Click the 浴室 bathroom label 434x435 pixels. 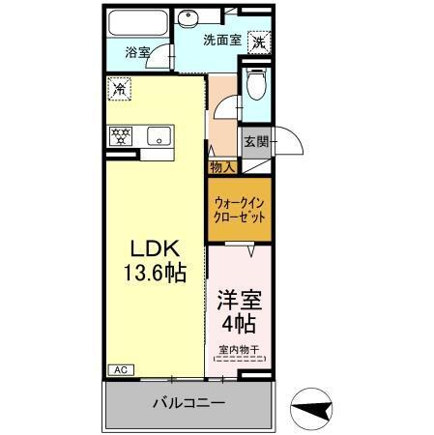(138, 54)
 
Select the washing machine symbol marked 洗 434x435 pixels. (258, 42)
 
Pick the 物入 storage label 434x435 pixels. (221, 167)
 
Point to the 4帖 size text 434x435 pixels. (239, 323)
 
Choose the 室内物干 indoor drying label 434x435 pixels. (238, 351)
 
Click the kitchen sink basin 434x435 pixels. (158, 136)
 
